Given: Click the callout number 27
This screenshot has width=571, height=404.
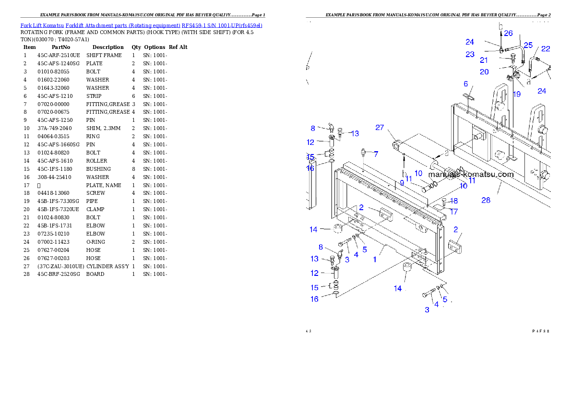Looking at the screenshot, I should (380, 127).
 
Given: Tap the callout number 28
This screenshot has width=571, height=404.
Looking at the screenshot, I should (486, 200).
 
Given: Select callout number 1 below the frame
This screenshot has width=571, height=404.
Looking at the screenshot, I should (375, 260).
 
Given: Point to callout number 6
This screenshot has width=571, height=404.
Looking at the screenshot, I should (465, 84).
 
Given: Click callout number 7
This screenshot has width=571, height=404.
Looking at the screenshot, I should (376, 154).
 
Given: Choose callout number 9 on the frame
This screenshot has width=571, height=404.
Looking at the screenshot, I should (402, 183).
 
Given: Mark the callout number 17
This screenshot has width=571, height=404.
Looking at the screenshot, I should (453, 211).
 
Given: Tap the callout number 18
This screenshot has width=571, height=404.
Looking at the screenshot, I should (453, 201).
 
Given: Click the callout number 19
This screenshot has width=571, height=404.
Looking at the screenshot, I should (516, 94).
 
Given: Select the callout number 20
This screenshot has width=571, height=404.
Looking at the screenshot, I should (484, 71).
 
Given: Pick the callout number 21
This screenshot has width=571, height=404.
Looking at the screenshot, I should (484, 60).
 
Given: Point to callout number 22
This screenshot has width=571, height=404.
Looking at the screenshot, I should (546, 48).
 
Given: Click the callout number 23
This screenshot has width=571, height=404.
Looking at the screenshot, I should (470, 54).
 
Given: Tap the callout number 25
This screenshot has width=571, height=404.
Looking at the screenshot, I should (528, 45).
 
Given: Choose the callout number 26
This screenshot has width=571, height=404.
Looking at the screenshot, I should (508, 33).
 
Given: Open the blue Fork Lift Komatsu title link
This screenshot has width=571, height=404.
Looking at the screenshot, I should (141, 25).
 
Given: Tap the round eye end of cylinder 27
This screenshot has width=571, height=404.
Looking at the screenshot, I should (396, 144).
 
